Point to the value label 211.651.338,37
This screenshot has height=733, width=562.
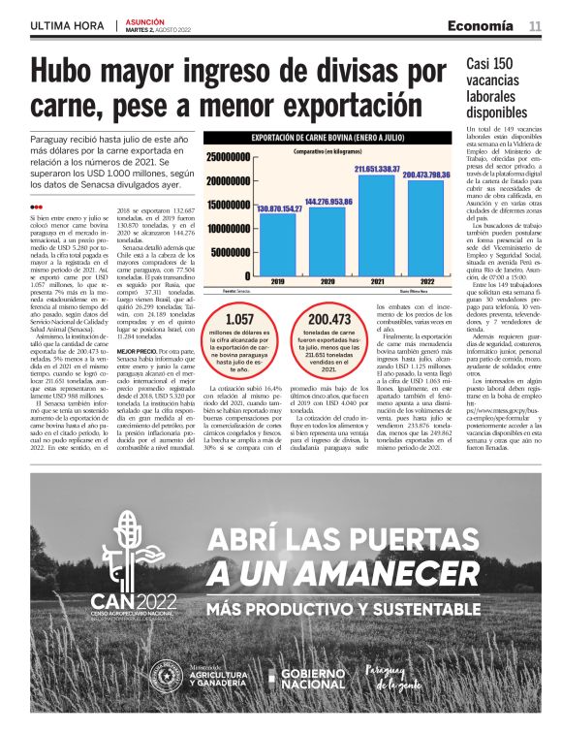coord(378,169)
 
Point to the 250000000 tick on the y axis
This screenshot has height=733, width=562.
coord(229,156)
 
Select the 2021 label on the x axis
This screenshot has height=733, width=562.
coord(378,282)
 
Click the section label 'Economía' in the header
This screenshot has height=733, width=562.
coord(487,26)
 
